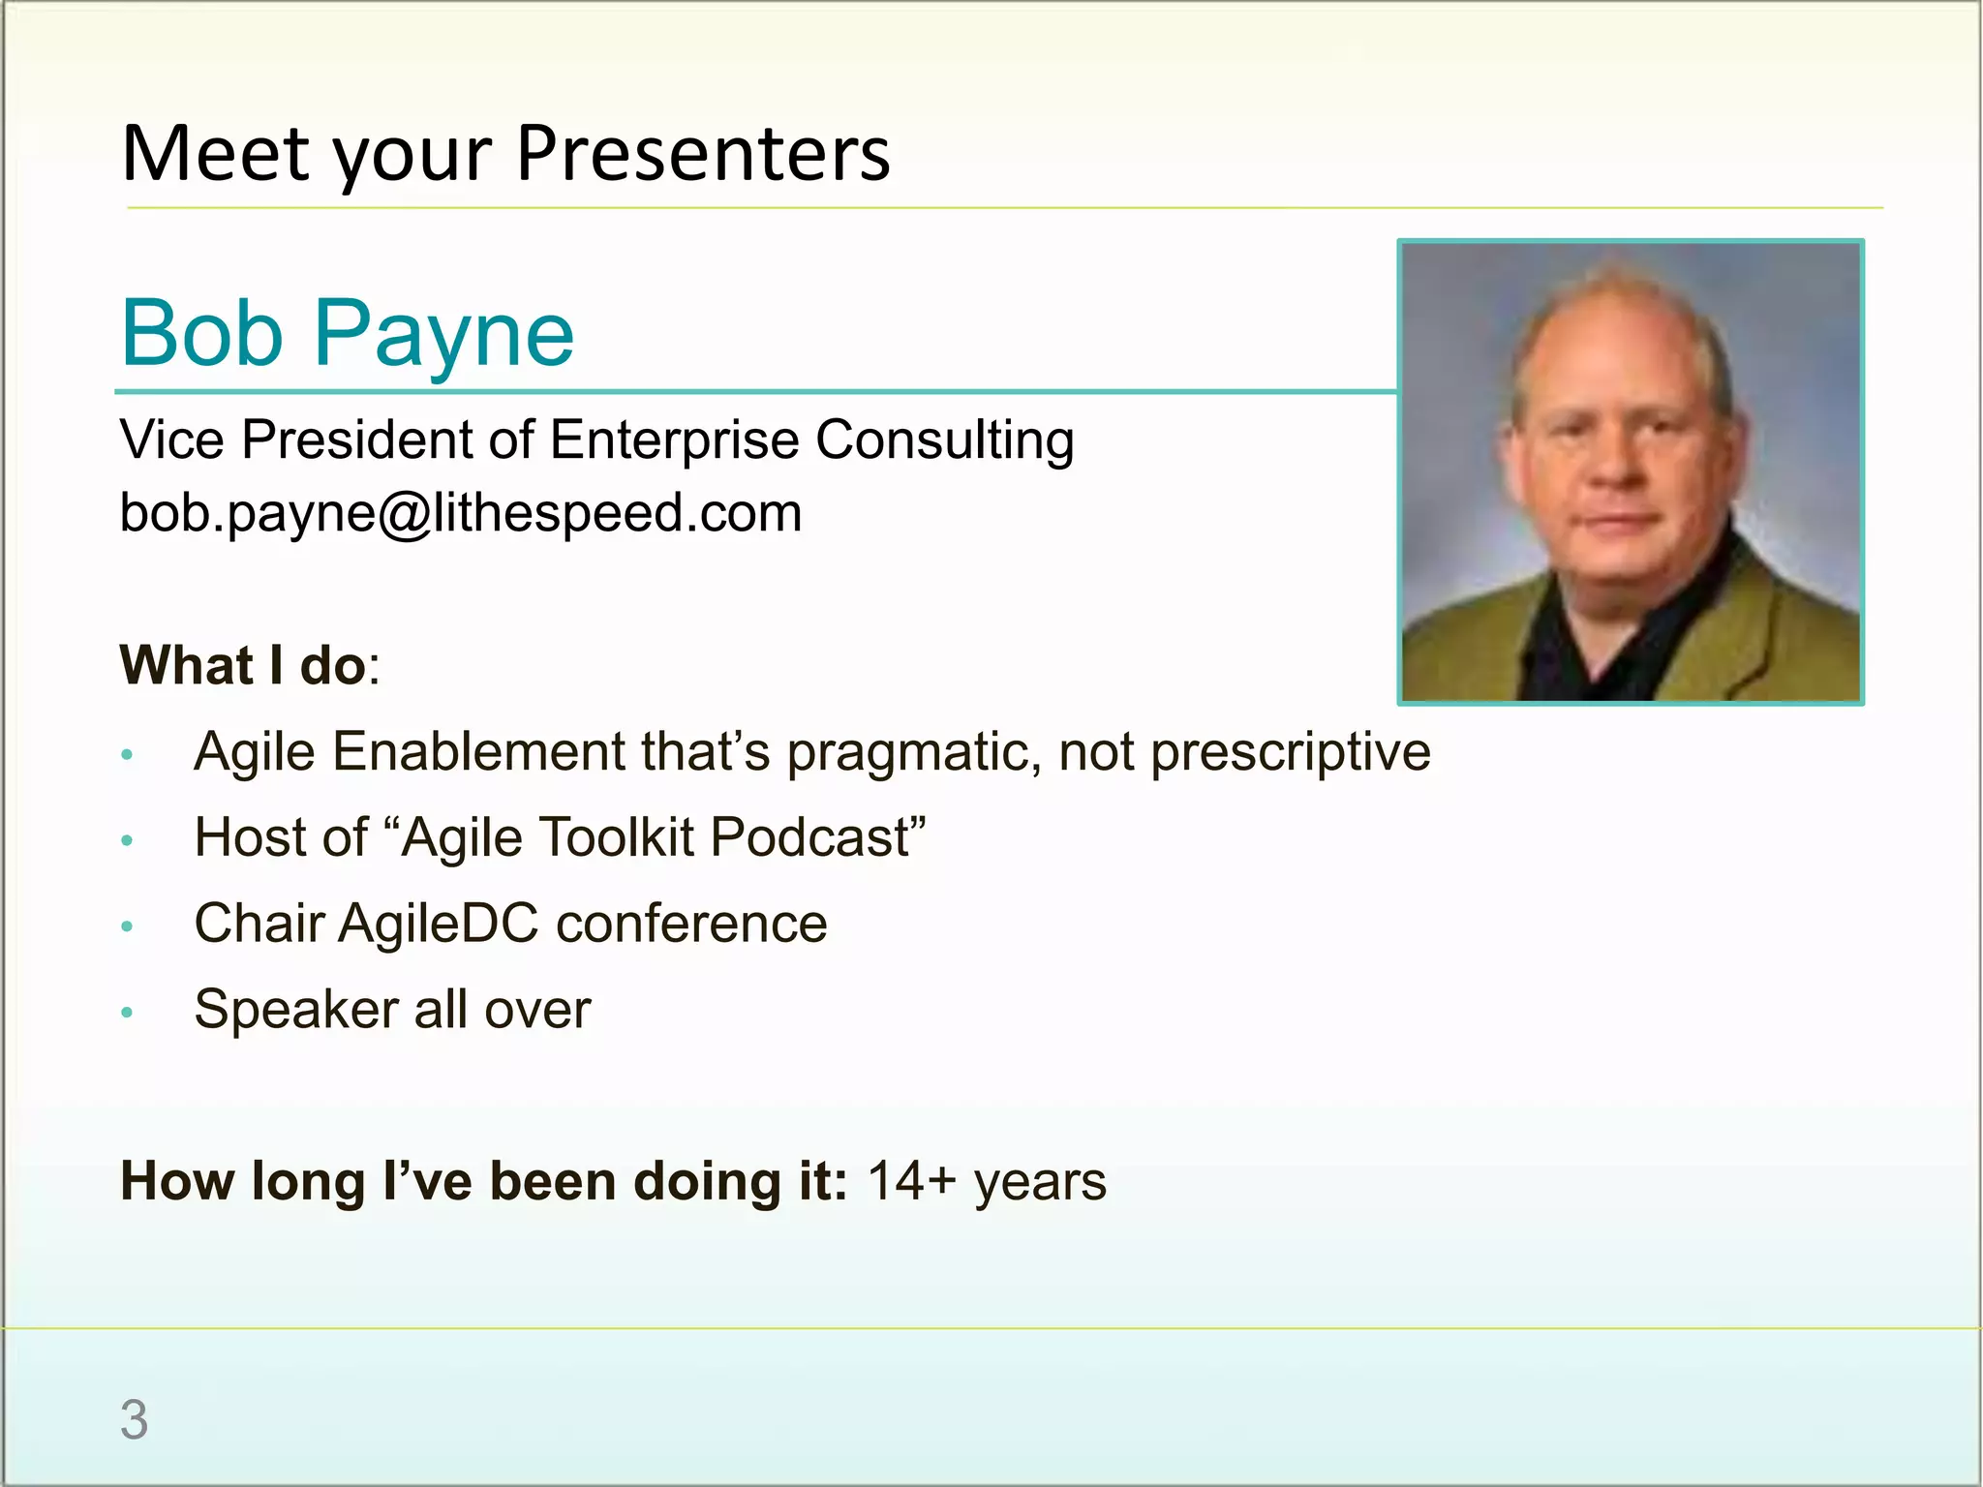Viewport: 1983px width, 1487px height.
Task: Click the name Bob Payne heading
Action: [x=347, y=334]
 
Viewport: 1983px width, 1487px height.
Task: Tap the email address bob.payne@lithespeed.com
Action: [x=461, y=513]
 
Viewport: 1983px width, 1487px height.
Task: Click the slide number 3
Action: [x=134, y=1420]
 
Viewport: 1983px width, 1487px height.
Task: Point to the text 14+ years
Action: [x=986, y=1181]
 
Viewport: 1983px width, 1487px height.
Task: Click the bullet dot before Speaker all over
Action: [x=127, y=1013]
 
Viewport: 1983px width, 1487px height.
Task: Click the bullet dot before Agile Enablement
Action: [x=127, y=754]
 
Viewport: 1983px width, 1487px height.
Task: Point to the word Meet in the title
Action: [x=216, y=155]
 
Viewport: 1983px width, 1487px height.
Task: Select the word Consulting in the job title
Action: [x=944, y=440]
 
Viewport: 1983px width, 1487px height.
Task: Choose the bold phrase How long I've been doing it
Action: [x=483, y=1181]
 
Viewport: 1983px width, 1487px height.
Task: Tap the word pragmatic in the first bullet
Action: [x=913, y=752]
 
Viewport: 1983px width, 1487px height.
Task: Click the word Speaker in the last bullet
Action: [x=296, y=1010]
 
